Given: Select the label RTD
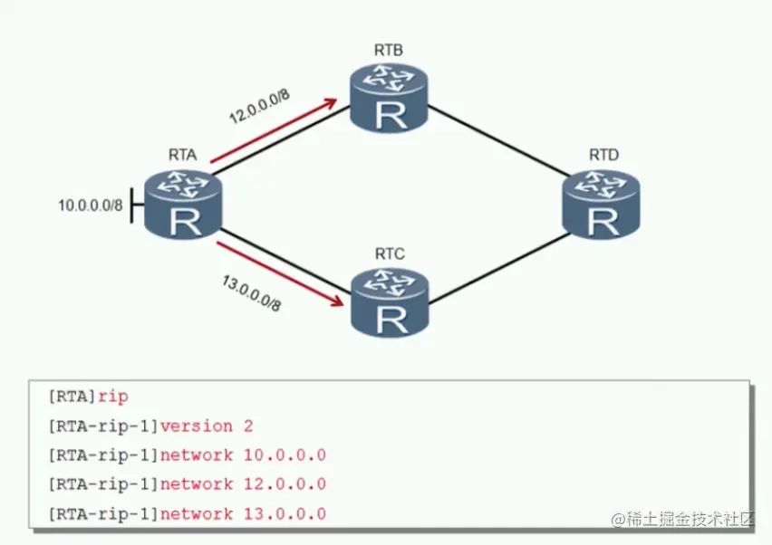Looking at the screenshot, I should (603, 155).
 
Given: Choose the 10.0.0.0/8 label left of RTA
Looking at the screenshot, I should (90, 206).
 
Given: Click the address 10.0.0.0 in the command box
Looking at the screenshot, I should (285, 454).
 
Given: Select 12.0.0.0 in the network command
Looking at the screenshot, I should (285, 484).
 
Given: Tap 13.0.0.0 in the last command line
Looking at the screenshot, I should (285, 513).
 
